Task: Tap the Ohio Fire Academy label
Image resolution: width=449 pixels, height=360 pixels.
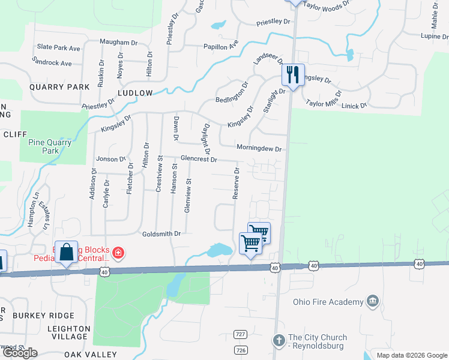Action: [x=328, y=302]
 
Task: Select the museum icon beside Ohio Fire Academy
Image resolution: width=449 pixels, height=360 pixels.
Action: [x=373, y=301]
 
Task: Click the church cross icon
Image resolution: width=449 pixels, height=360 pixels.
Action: [x=279, y=341]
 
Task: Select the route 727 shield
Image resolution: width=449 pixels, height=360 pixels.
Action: [x=240, y=334]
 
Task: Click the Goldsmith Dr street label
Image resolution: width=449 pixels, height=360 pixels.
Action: [x=161, y=234]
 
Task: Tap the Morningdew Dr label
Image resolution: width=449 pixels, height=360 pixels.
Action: [x=259, y=148]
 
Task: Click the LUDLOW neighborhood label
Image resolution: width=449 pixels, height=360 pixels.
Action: [x=135, y=93]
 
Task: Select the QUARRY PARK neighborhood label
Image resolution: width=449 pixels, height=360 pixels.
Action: [x=59, y=87]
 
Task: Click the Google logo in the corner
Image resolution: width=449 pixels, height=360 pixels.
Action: [x=20, y=353]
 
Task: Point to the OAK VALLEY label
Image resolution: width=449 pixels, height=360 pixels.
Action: [x=90, y=355]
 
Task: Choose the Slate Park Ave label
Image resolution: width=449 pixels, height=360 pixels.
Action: [x=58, y=47]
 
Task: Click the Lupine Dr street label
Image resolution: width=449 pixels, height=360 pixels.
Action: [x=435, y=37]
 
